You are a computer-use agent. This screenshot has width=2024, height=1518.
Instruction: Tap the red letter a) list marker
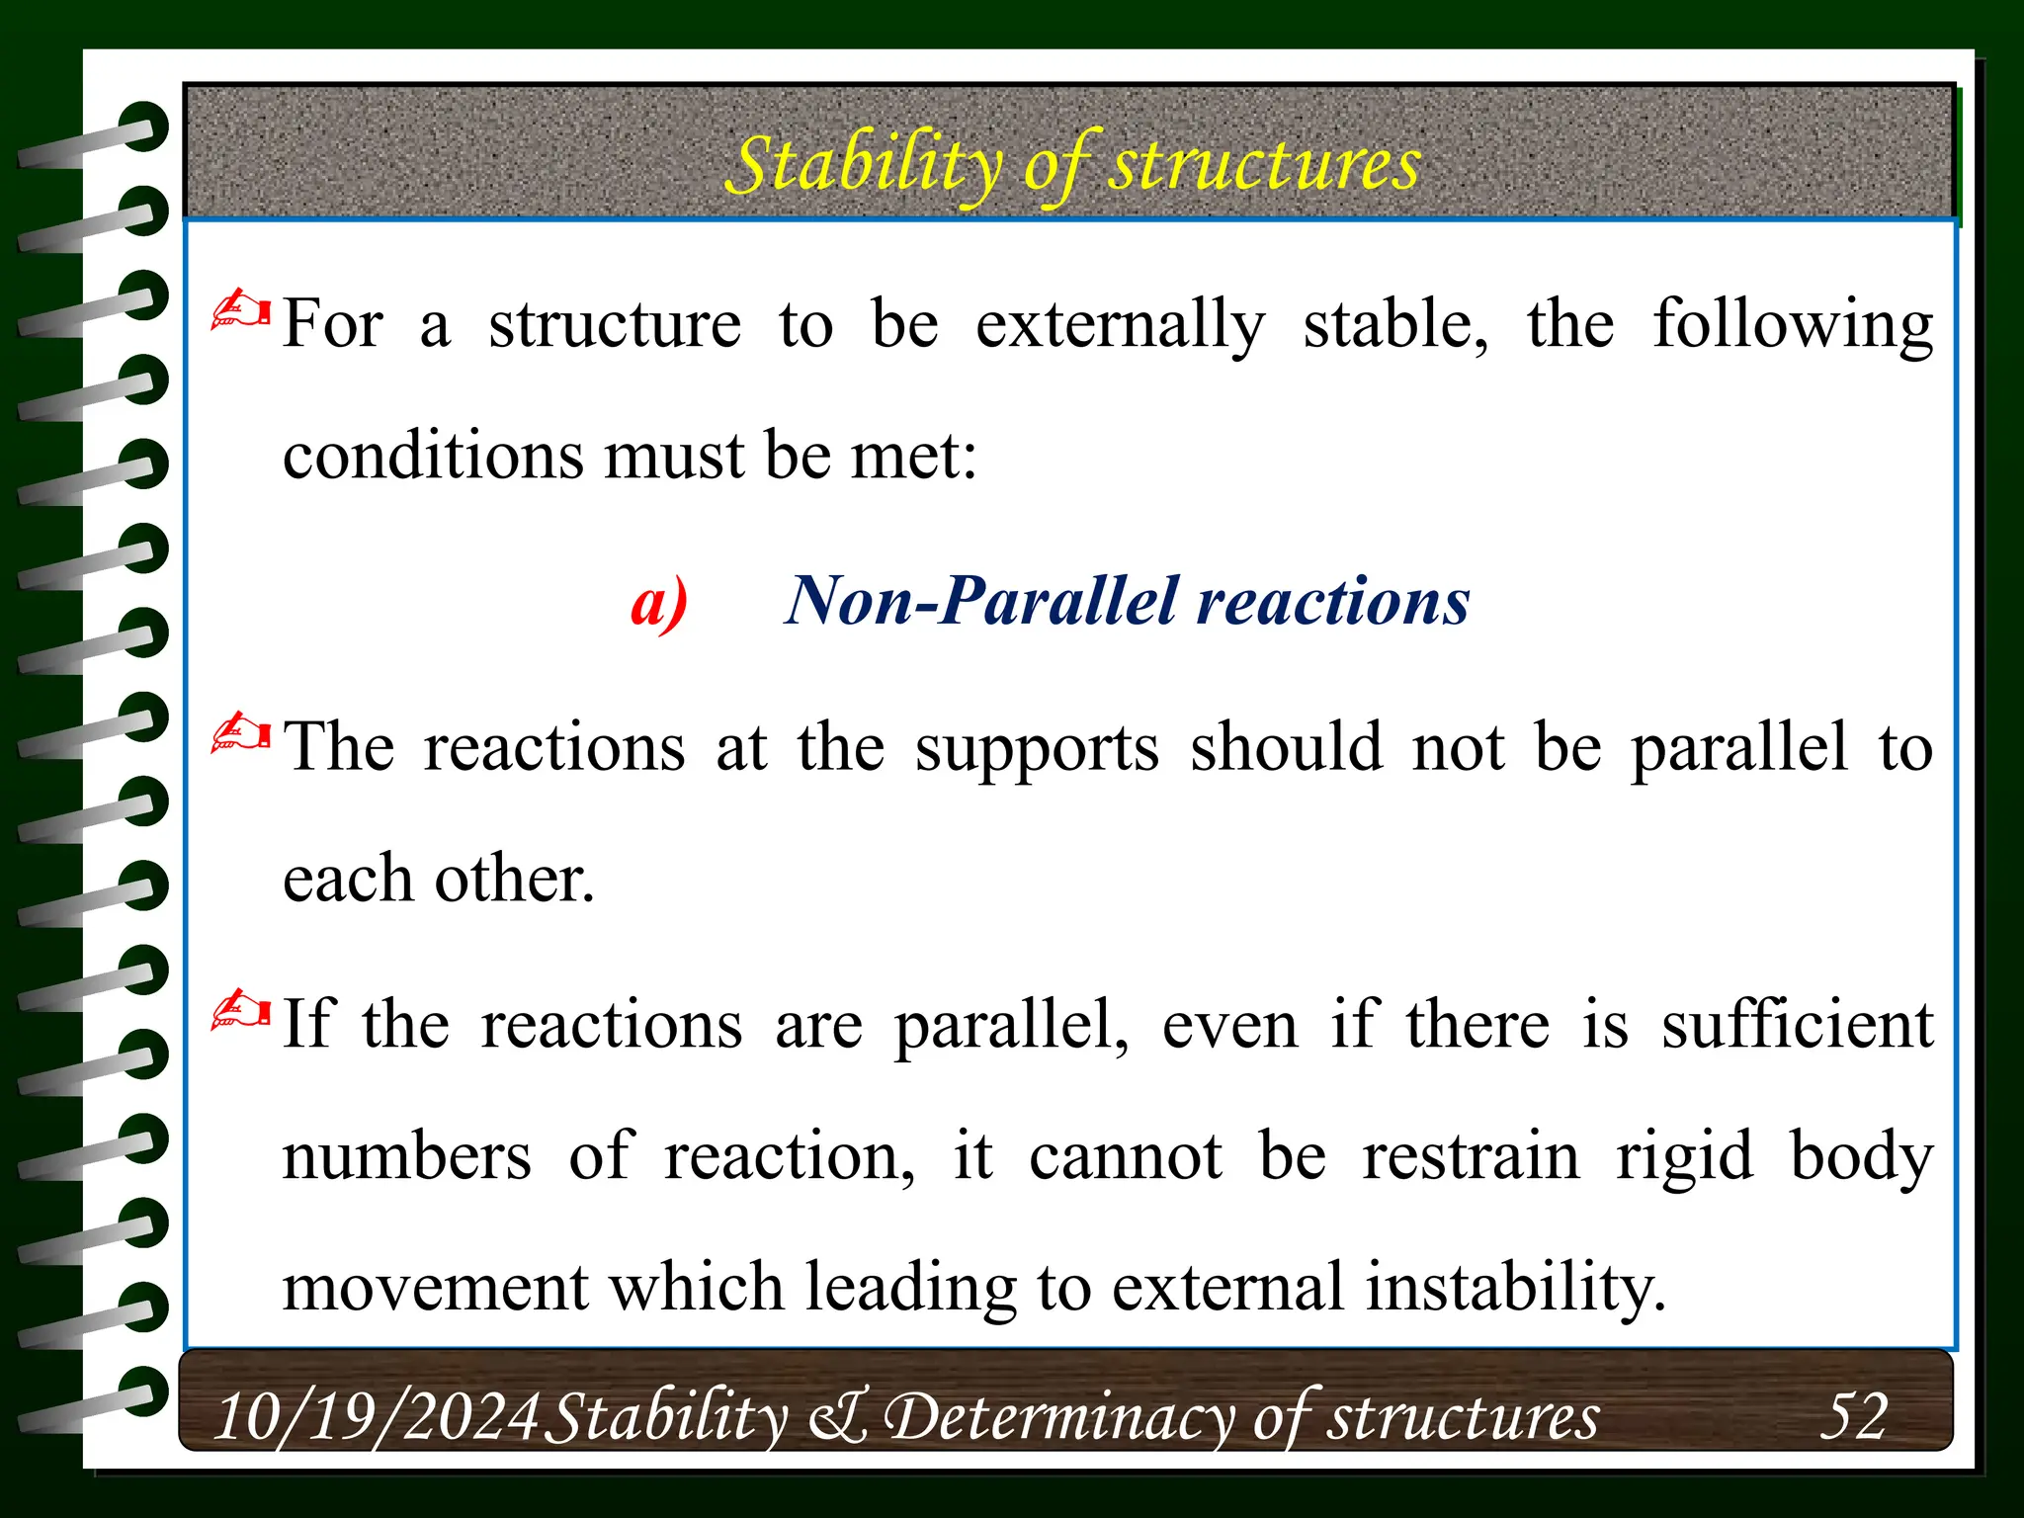658,602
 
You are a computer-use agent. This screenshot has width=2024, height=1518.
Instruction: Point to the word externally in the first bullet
1120,325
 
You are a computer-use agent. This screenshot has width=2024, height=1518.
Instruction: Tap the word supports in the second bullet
1037,748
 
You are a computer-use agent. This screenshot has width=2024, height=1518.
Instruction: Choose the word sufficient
1796,1025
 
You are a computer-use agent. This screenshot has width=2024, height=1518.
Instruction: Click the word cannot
1125,1156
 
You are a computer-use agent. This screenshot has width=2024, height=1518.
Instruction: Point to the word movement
435,1288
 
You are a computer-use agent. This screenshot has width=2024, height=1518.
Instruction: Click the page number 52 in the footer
1853,1415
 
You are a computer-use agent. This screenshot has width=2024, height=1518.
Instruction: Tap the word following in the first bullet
1792,325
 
